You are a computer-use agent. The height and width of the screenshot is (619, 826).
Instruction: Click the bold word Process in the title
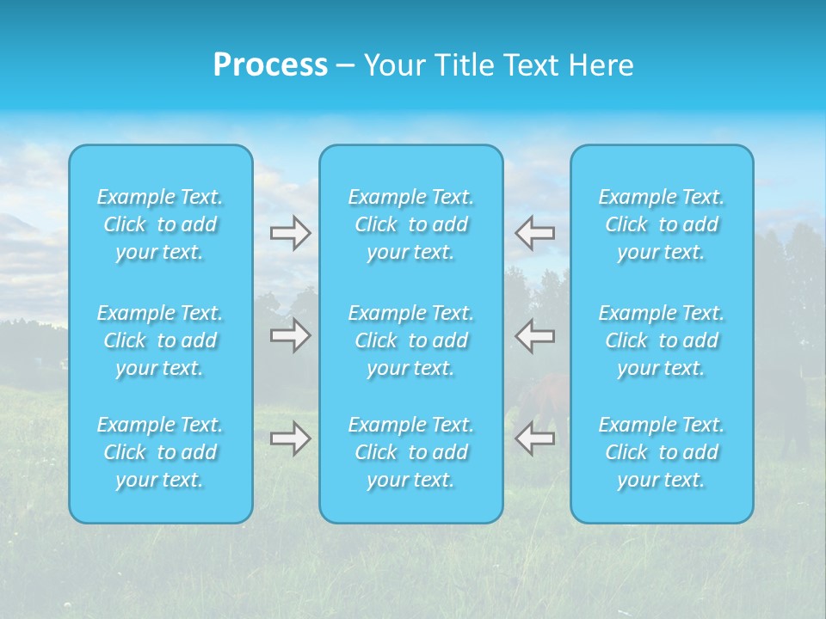(x=270, y=65)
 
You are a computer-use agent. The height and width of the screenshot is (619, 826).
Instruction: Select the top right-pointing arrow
(x=291, y=233)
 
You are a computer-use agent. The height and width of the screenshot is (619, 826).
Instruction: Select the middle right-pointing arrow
(x=291, y=335)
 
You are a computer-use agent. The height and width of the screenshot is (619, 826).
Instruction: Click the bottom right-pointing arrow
(x=291, y=438)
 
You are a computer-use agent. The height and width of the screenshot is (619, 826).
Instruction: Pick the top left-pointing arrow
(x=535, y=232)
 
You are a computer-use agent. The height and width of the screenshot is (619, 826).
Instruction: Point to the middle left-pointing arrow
(x=535, y=335)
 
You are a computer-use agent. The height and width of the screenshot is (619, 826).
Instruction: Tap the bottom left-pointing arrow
(x=535, y=438)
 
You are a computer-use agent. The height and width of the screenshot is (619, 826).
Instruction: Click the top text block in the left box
(x=160, y=224)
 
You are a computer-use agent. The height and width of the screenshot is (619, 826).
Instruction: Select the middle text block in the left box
(x=160, y=340)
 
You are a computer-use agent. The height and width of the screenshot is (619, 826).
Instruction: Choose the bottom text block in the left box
(x=160, y=452)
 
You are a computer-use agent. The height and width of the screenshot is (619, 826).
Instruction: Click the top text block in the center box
(x=411, y=224)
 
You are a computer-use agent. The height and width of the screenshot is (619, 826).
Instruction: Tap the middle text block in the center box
(x=411, y=340)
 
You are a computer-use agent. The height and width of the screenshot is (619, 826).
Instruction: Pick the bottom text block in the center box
(x=411, y=452)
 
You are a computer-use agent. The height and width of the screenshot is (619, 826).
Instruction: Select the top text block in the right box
(x=662, y=224)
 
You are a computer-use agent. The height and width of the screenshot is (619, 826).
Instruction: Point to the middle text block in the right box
(x=662, y=340)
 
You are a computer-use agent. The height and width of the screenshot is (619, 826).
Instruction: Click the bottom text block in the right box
(x=662, y=452)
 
